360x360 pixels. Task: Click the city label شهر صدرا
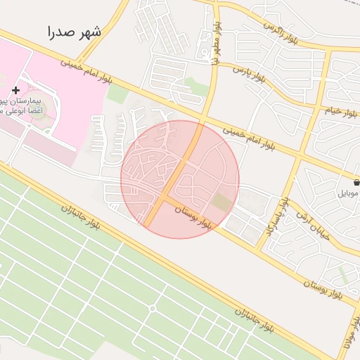click(x=75, y=32)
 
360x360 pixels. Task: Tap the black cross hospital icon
click(x=15, y=90)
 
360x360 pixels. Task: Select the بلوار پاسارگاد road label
click(x=276, y=217)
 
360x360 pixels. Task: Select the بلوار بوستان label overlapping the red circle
click(x=193, y=217)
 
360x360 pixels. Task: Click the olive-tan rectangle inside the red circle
click(x=221, y=202)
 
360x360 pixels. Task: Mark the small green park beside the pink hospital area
click(x=117, y=94)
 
